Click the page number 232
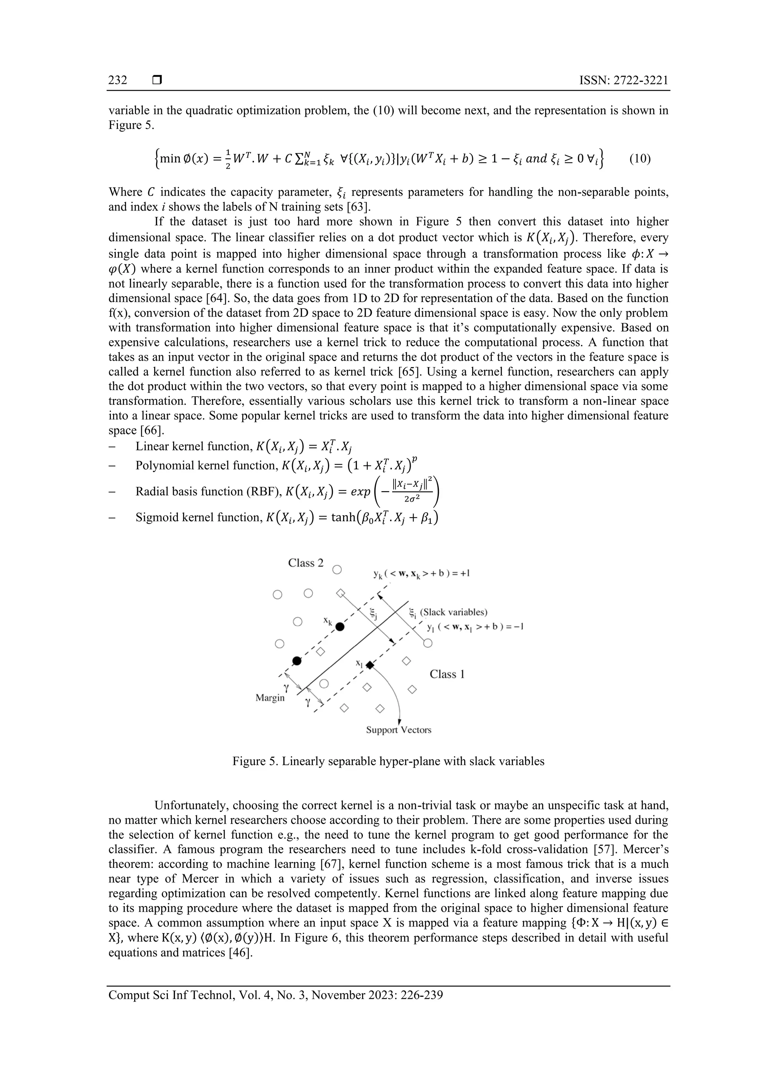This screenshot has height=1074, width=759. coord(118,80)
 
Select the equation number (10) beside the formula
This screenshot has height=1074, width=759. coord(639,159)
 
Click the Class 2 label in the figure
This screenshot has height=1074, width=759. coord(305,563)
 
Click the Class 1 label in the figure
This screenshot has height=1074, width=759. coord(447,674)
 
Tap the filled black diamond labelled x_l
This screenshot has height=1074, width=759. coord(370,665)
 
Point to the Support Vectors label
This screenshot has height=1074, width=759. coord(398,730)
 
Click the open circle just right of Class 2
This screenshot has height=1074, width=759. coord(337,570)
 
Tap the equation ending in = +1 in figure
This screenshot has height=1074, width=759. coord(421,574)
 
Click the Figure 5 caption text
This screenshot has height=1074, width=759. coord(388,761)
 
